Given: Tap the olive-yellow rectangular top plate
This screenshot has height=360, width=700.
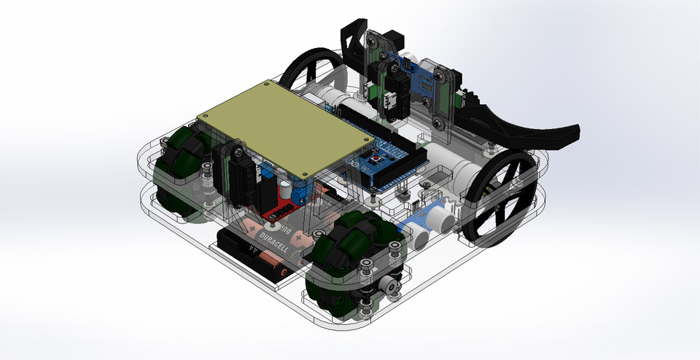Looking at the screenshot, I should point(285,128).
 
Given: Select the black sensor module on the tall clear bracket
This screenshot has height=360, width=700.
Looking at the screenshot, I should point(390,95).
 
